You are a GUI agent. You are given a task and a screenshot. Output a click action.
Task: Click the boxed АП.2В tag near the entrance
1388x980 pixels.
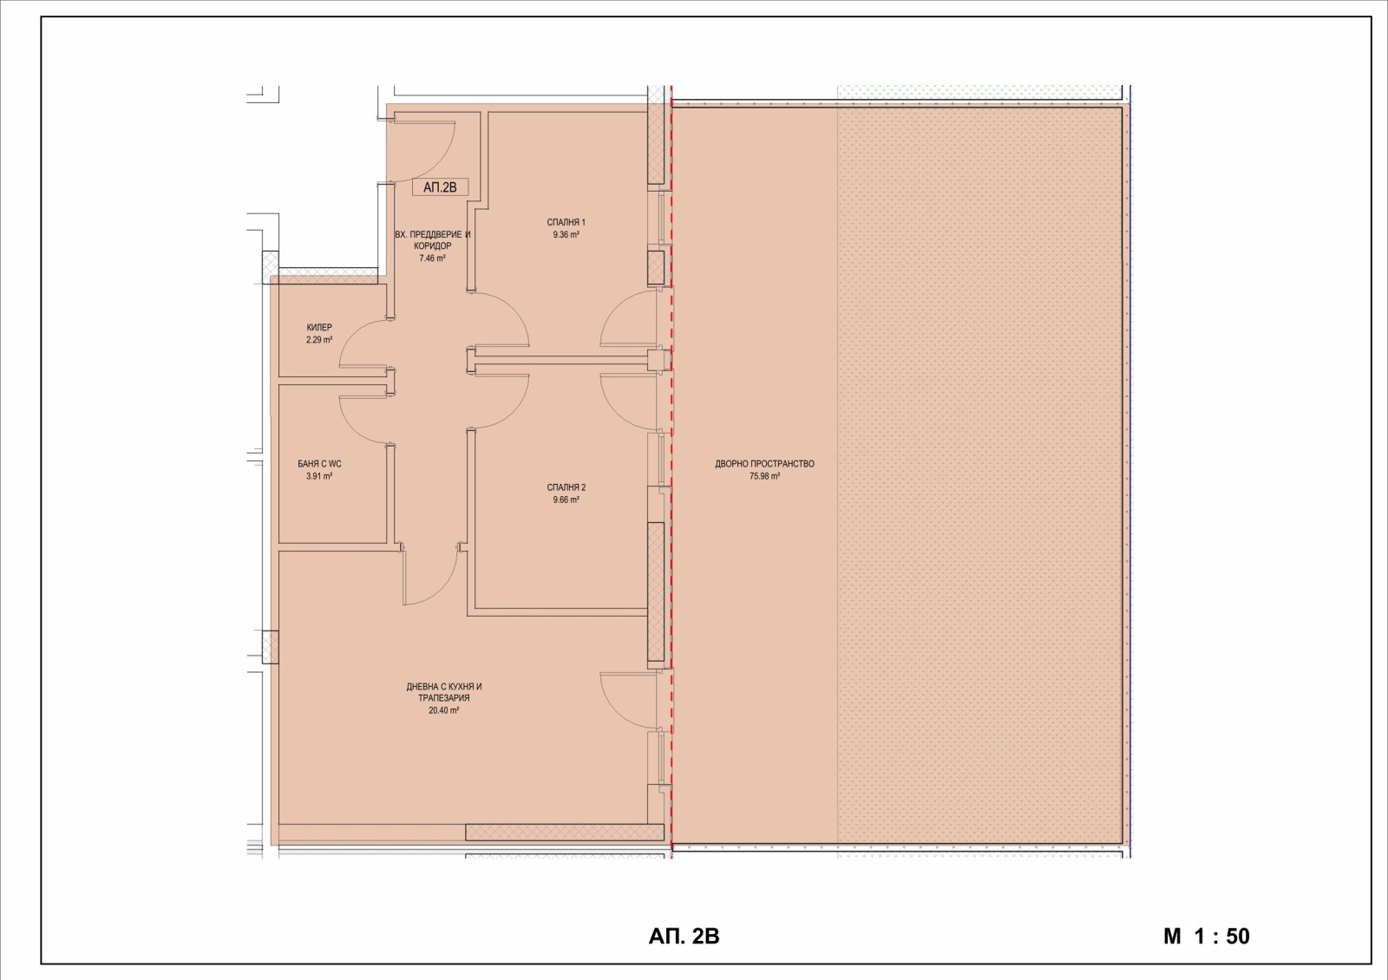(x=440, y=187)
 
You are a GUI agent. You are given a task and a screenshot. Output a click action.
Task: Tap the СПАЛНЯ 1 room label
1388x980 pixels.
(x=566, y=222)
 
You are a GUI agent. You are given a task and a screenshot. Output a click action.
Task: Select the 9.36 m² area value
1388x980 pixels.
(x=566, y=235)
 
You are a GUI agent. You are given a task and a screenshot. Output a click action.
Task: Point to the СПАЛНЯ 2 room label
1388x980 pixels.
(x=566, y=487)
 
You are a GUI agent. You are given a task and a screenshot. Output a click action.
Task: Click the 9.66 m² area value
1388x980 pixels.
(x=566, y=500)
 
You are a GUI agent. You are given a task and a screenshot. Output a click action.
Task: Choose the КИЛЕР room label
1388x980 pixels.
(x=319, y=328)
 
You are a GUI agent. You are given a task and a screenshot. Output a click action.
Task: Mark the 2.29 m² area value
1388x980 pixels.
(x=319, y=340)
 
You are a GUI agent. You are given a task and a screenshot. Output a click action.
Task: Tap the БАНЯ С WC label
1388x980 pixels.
(x=319, y=464)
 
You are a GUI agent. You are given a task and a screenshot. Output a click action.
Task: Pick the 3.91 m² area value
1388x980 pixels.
(x=319, y=476)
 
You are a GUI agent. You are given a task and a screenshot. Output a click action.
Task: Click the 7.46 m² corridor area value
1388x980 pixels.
(x=432, y=258)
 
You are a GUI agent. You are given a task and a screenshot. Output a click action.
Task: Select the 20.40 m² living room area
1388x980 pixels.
(x=443, y=710)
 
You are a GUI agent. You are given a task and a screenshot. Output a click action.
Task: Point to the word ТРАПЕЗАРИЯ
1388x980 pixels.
(x=443, y=698)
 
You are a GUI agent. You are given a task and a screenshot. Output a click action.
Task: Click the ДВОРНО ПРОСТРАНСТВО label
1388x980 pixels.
(x=764, y=464)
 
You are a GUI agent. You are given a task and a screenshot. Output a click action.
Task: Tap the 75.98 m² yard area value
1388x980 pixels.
(x=764, y=476)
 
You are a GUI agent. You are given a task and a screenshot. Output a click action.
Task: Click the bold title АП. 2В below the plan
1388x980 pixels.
(x=684, y=937)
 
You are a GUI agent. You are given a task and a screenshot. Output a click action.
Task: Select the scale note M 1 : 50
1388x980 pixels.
(x=1207, y=937)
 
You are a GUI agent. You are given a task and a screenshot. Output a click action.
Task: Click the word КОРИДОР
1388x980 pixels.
(x=432, y=246)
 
